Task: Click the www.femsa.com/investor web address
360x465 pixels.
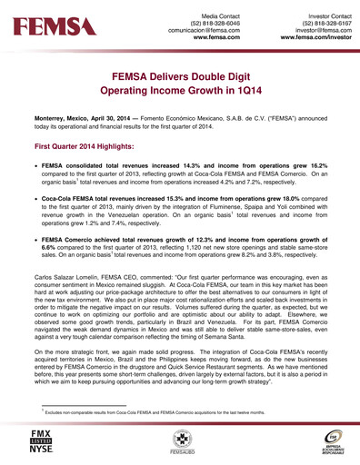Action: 306,41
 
